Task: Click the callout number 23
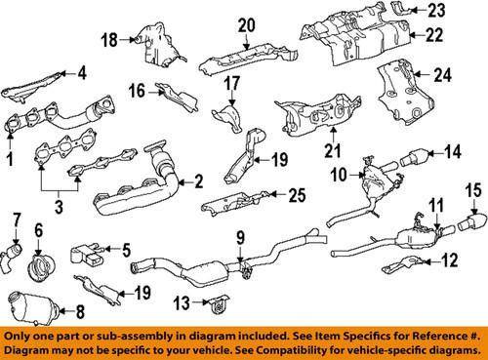tap(436, 11)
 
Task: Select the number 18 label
tap(109, 40)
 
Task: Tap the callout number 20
tap(246, 25)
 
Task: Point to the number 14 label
tap(453, 152)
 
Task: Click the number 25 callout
tap(297, 195)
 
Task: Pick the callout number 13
tap(182, 302)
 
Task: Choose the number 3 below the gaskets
tap(59, 207)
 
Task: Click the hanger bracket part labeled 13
tap(218, 304)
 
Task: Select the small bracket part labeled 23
tap(399, 8)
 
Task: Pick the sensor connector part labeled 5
tap(85, 255)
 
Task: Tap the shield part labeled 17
tap(229, 117)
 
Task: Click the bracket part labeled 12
tap(403, 265)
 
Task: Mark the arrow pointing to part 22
tap(417, 34)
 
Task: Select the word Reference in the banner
tap(435, 336)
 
